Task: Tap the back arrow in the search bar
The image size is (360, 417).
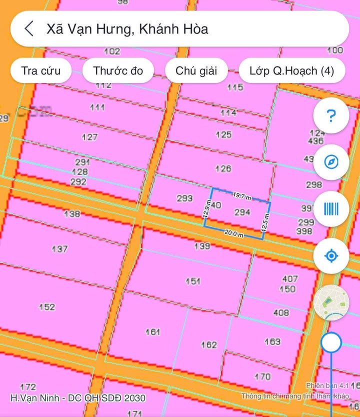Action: coord(29,28)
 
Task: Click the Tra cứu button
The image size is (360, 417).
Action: coord(41,70)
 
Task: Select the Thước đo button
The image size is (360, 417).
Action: coord(118,70)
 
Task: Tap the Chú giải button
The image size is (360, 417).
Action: coord(196,70)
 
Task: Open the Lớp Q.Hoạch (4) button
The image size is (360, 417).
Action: coord(291,70)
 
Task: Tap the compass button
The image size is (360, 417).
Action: coord(330,162)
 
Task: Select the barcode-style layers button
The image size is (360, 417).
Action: coord(330,209)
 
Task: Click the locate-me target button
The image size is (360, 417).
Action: coord(330,256)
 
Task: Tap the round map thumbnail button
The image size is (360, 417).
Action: coord(331,302)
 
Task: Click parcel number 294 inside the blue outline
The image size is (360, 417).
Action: coord(242,212)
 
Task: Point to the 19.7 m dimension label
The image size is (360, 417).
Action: coord(242,195)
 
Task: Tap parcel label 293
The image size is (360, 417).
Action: coord(184,198)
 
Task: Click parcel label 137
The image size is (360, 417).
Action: coord(60,248)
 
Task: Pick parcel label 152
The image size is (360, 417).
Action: coord(47,306)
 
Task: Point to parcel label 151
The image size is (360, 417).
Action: coord(193,281)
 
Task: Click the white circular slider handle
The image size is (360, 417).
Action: coord(331,343)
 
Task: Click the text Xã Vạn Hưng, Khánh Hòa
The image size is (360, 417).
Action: coord(127,28)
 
